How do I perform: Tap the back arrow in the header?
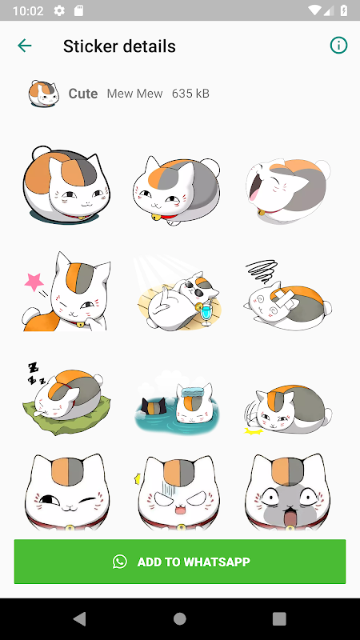(25, 46)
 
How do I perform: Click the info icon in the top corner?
(338, 46)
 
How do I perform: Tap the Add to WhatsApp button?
(179, 562)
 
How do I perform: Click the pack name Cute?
(83, 94)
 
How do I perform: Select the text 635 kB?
(190, 94)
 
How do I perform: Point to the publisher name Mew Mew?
(134, 94)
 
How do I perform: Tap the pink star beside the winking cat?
(34, 282)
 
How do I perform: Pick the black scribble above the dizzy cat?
(262, 272)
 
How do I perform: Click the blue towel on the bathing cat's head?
(193, 392)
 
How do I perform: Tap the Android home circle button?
(179, 618)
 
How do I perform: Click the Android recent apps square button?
(279, 618)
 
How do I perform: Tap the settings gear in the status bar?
(59, 10)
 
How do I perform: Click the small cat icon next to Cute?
(44, 94)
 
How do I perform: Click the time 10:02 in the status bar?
(28, 10)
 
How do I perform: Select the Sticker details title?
(119, 46)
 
